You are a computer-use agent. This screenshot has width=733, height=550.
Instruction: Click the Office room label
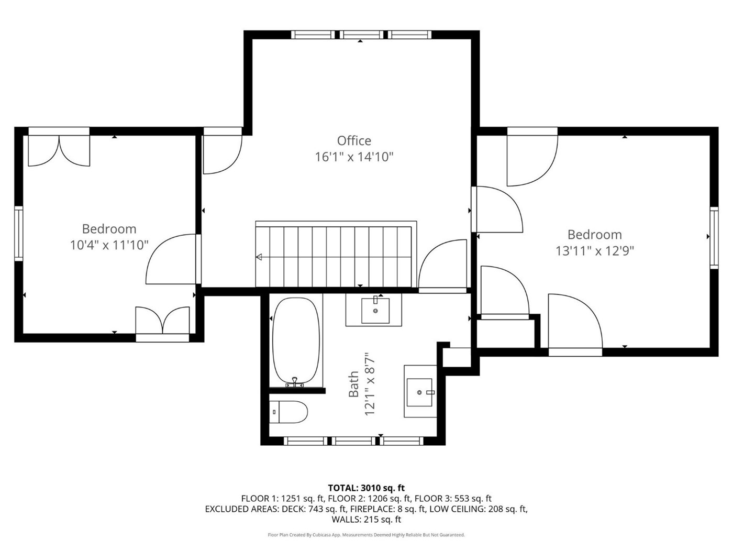point(354,141)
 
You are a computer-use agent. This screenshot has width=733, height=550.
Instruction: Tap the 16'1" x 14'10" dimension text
point(354,157)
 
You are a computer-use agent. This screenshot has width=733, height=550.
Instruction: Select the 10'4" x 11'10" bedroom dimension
point(109,245)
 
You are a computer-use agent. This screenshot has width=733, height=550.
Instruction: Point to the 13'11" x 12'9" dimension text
point(595,251)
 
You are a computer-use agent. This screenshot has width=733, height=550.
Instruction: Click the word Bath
point(353,384)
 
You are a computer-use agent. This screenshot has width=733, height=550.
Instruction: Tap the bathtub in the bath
point(296,342)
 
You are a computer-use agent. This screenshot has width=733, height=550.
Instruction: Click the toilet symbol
point(288,412)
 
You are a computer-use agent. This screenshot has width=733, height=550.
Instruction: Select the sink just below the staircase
point(375,310)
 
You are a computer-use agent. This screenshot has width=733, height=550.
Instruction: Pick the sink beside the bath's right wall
point(420,392)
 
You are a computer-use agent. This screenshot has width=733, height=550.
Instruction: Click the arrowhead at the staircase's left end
point(259,257)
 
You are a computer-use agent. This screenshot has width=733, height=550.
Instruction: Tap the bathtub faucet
point(295,382)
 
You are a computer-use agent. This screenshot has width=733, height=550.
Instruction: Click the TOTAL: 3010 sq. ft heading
point(366,488)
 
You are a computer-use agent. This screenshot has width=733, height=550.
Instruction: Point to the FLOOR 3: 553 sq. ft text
point(453,499)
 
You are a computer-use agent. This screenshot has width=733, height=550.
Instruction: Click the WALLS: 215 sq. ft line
point(366,519)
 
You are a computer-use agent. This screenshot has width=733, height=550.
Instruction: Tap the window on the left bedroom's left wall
point(19,234)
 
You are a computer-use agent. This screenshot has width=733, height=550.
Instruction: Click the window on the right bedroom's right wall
point(714,238)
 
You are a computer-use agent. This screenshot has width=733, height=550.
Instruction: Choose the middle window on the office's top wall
point(363,35)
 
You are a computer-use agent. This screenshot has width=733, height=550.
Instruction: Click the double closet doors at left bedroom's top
point(59,150)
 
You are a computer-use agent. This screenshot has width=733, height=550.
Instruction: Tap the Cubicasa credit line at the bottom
point(366,535)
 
